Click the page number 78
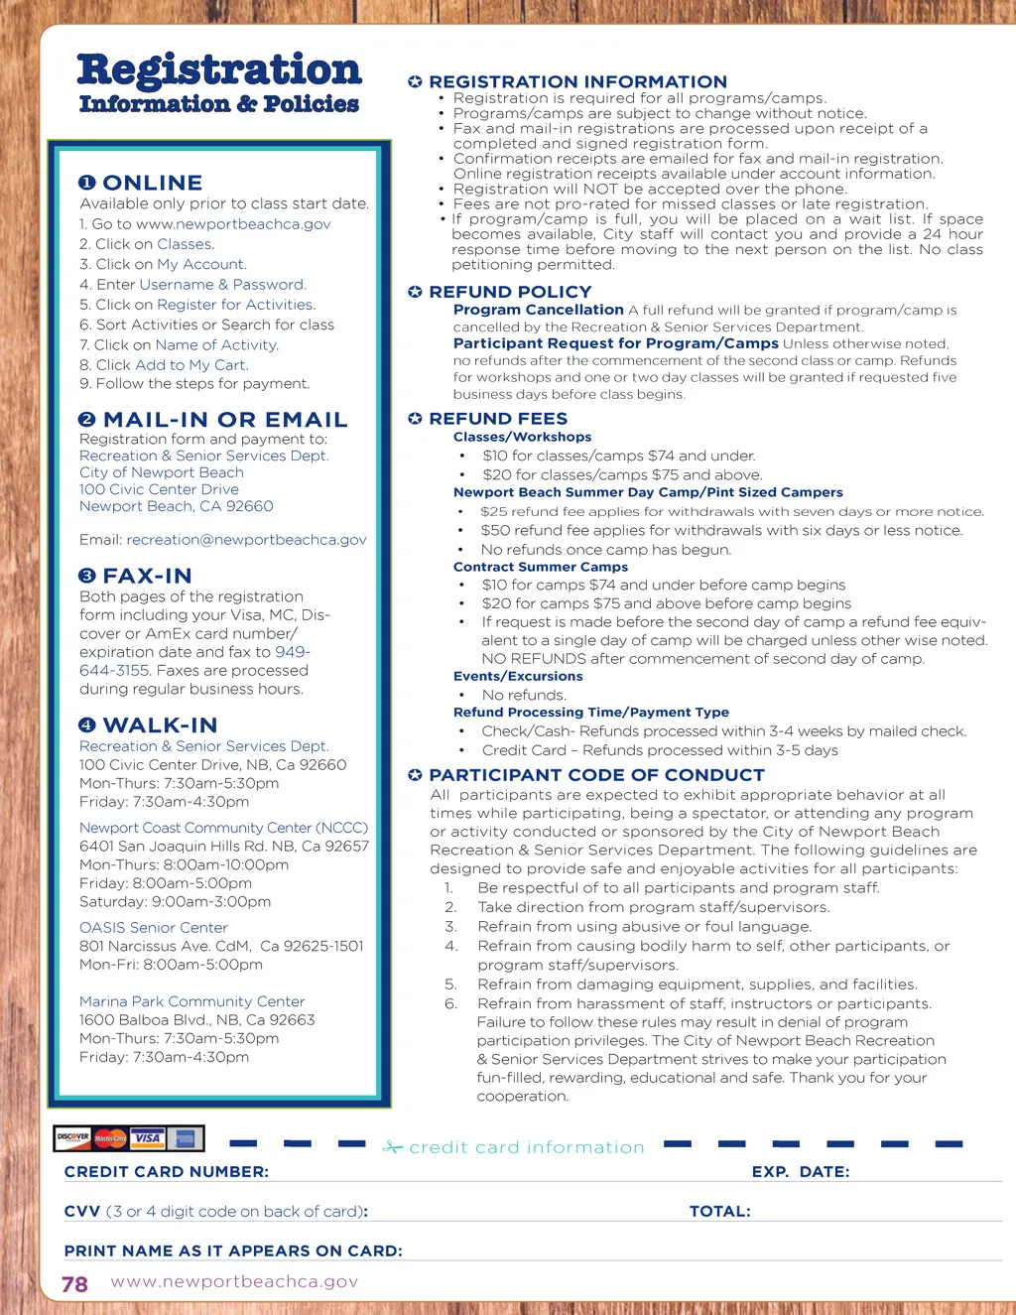tap(74, 1284)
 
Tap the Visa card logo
tap(148, 1137)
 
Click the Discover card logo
tap(72, 1137)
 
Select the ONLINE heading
tap(152, 183)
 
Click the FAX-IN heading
tap(147, 576)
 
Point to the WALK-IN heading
tap(160, 725)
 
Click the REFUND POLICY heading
tap(510, 292)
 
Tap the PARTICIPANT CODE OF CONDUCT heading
tap(596, 775)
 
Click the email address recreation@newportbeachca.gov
tap(246, 540)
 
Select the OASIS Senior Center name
tap(154, 928)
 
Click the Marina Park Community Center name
tap(191, 1001)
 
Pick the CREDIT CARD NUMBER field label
tap(167, 1172)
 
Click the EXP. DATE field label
tap(800, 1172)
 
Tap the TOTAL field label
tap(719, 1212)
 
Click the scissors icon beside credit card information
tap(393, 1147)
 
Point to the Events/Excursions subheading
tap(518, 677)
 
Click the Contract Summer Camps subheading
tap(541, 567)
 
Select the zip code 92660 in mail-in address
tap(249, 506)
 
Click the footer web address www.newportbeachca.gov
tap(234, 1281)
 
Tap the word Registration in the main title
tap(219, 69)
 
